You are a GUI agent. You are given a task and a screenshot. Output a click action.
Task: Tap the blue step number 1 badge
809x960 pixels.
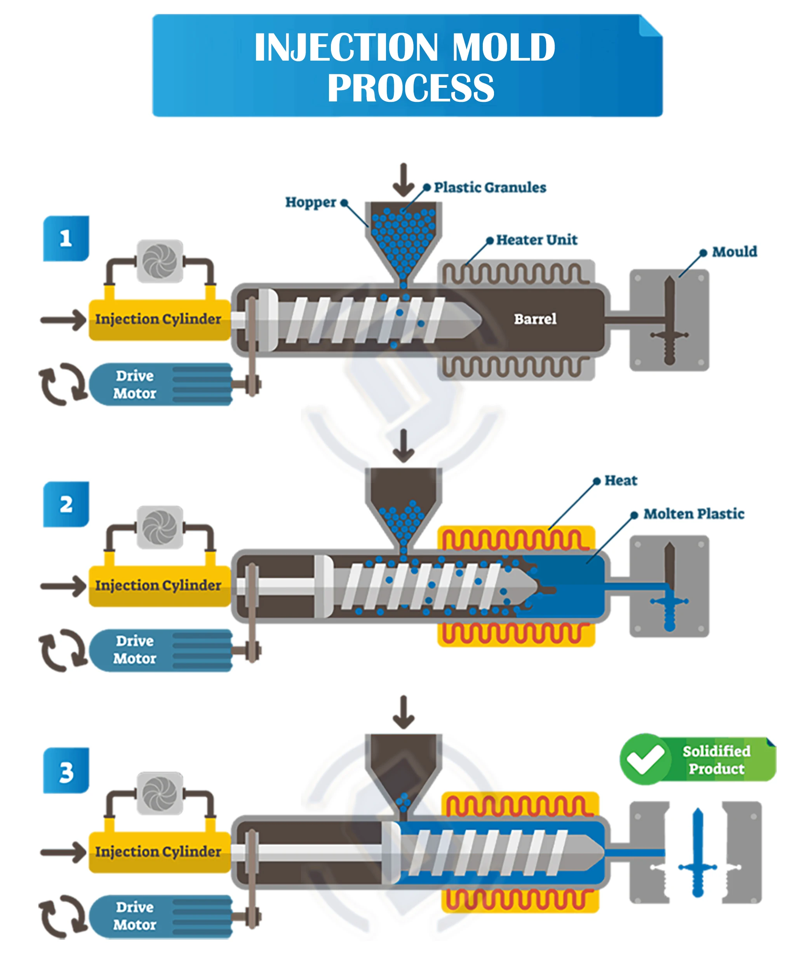click(66, 239)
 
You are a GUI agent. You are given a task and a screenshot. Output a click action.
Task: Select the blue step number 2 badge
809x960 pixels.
click(66, 505)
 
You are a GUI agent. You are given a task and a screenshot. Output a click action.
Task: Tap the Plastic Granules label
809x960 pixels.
click(490, 187)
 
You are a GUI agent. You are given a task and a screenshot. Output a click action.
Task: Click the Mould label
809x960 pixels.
click(734, 251)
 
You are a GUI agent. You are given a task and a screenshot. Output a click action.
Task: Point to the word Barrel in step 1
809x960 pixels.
click(535, 319)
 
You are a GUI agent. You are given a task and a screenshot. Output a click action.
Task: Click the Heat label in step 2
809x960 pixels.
click(621, 480)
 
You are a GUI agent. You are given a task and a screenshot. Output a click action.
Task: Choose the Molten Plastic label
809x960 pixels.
click(694, 513)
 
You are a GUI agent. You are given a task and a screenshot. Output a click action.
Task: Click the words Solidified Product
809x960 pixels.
click(716, 760)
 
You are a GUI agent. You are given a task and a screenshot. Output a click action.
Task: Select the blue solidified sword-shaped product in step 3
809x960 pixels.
click(698, 852)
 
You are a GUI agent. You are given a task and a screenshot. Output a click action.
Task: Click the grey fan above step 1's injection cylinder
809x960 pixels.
click(160, 261)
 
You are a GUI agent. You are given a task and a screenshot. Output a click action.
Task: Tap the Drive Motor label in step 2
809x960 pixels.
click(135, 650)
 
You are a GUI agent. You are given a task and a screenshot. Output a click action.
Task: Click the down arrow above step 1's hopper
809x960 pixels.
click(404, 180)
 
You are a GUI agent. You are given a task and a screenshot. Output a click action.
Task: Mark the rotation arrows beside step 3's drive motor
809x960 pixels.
click(63, 916)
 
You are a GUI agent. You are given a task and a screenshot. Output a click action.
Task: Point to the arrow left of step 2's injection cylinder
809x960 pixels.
click(63, 586)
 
